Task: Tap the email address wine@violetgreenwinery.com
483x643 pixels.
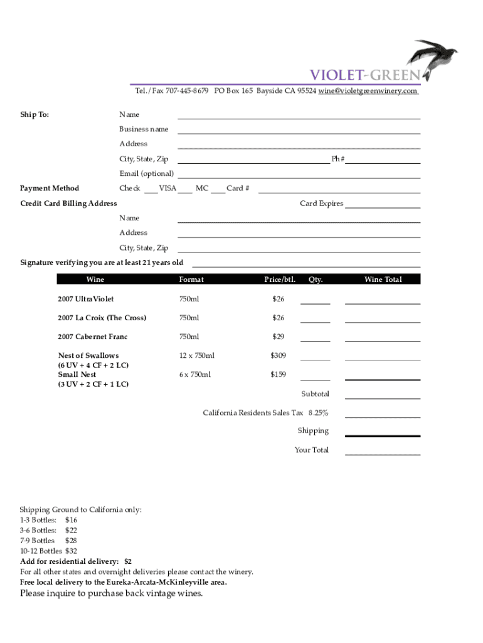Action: (x=368, y=91)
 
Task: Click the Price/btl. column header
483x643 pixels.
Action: (x=280, y=279)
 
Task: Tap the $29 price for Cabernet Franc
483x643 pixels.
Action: (x=278, y=337)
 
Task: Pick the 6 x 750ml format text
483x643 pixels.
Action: (x=195, y=375)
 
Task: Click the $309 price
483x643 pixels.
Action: (x=278, y=356)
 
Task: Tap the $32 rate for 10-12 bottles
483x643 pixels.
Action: (x=71, y=551)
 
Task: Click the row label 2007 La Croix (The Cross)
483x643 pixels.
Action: (x=102, y=318)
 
